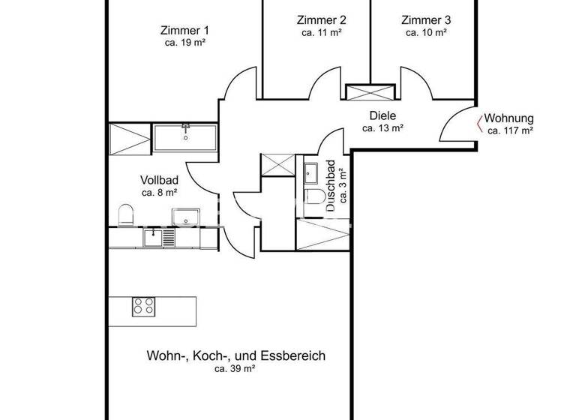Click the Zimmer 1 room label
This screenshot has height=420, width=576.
(x=184, y=31)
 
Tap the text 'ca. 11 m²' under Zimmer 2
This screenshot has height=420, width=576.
(x=322, y=33)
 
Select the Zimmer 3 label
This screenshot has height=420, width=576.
(x=426, y=20)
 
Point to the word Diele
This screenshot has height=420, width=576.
(x=382, y=115)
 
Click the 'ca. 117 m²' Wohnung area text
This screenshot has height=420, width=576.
(x=510, y=130)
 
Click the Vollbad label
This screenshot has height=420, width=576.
(x=159, y=180)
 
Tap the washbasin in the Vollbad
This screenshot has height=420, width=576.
(x=185, y=217)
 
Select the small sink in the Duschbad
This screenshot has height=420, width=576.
(x=311, y=174)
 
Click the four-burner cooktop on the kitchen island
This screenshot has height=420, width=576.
(x=144, y=306)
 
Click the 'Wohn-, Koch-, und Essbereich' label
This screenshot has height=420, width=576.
(x=235, y=355)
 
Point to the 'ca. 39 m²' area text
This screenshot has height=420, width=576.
(x=235, y=369)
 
